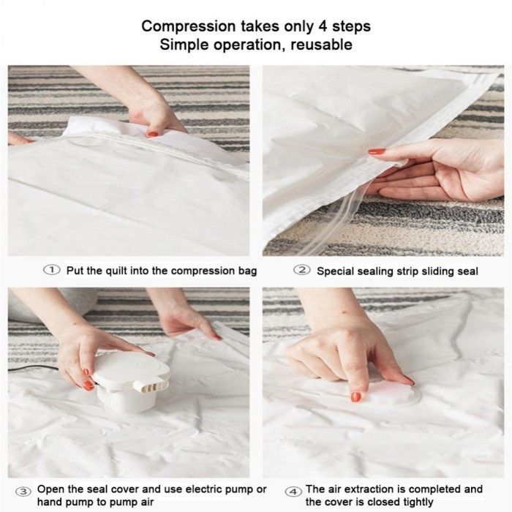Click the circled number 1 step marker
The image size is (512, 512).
tap(52, 270)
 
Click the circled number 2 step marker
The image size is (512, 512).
tap(301, 270)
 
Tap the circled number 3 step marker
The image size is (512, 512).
tap(23, 492)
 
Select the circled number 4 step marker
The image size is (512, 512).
tap(293, 492)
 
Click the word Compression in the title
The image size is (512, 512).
tap(189, 26)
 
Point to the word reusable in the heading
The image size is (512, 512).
tap(321, 45)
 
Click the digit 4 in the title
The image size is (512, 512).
tap(323, 26)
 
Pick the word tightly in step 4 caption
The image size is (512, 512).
tap(416, 502)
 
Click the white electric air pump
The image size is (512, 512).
tap(131, 380)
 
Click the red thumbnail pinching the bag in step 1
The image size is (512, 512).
tap(152, 134)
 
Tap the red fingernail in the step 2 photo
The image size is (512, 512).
tap(377, 151)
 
